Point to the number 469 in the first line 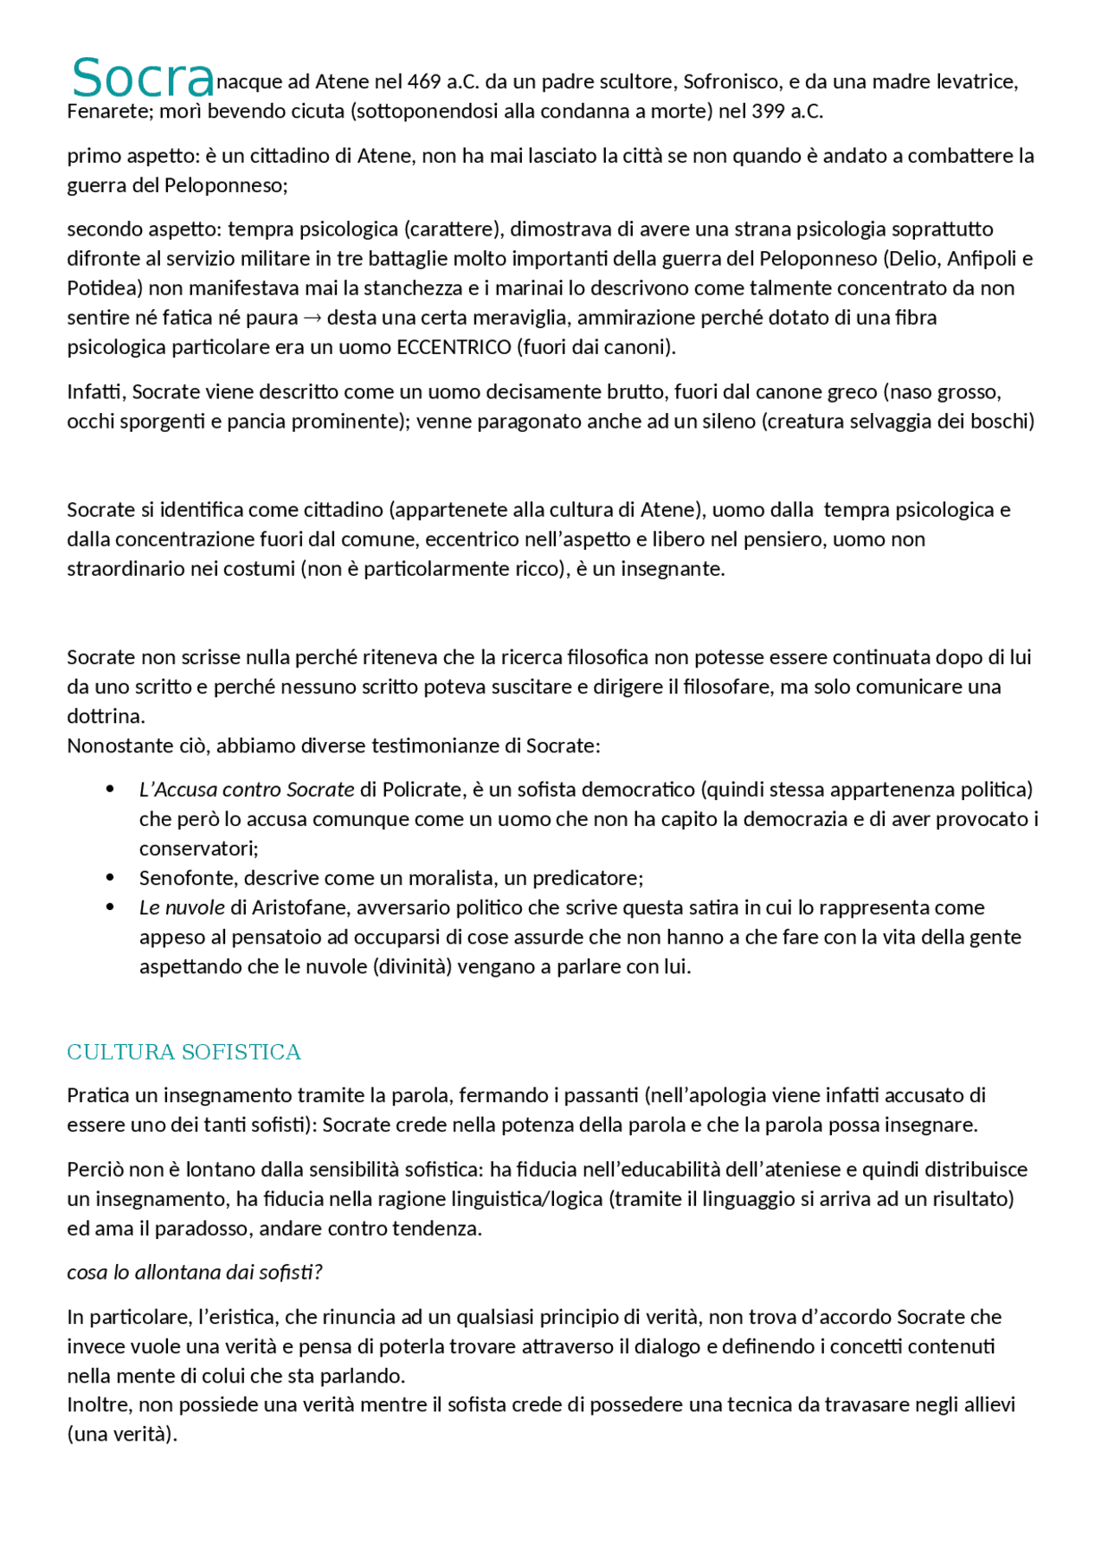point(424,82)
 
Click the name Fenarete point(108,112)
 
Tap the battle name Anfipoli point(982,259)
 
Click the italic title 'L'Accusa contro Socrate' point(247,790)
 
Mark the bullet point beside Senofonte point(110,878)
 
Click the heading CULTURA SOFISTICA point(184,1052)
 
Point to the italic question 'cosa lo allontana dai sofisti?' point(195,1272)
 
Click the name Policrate point(421,790)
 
